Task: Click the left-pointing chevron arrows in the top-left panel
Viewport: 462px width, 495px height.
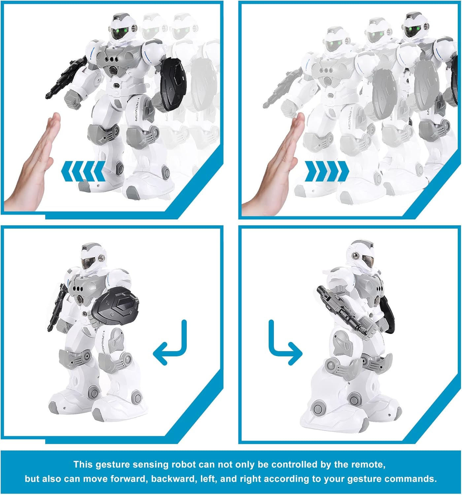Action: click(83, 171)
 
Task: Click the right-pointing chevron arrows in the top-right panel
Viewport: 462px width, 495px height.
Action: click(326, 171)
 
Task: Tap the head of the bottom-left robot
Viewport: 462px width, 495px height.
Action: click(92, 257)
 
